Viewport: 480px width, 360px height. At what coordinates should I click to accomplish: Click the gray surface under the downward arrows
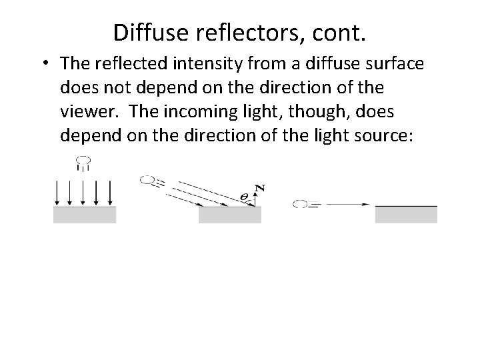pos(84,214)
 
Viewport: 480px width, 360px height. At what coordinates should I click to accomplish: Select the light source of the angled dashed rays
pos(147,179)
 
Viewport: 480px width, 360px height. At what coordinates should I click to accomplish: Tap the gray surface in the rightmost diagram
pos(406,214)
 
